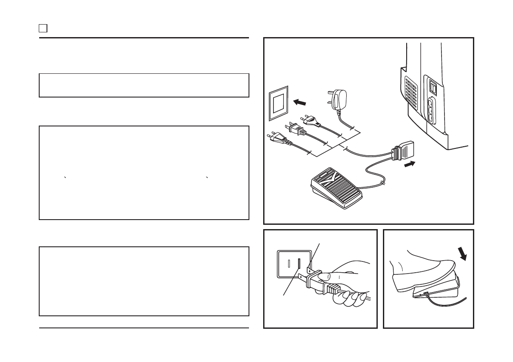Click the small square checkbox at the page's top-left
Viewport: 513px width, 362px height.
click(43, 28)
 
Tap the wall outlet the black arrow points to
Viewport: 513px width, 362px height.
click(278, 105)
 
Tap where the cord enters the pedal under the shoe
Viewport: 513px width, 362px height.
click(426, 294)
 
